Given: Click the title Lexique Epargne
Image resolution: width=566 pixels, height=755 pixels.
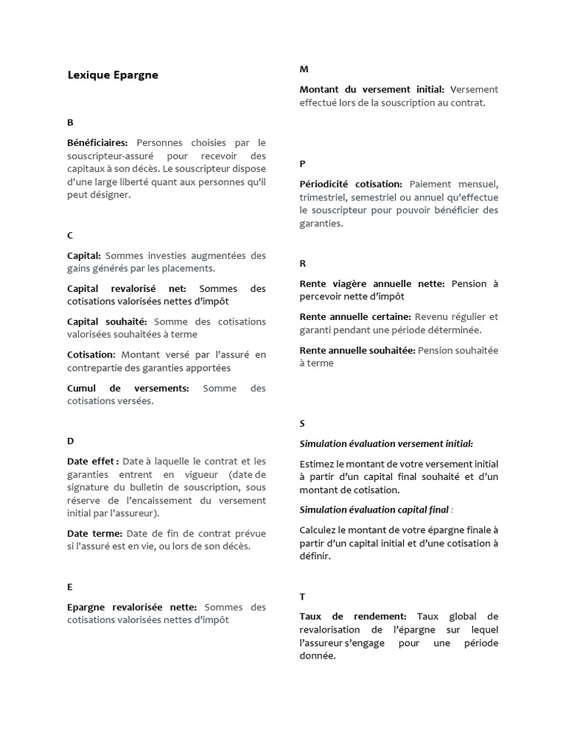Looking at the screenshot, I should point(112,74).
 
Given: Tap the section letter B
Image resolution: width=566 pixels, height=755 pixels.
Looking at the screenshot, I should point(70,122).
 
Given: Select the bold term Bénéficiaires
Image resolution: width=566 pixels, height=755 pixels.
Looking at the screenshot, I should point(97,142).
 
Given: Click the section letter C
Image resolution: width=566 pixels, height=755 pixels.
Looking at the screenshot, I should point(70,235).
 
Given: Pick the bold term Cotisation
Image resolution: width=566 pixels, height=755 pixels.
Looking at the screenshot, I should point(91,355).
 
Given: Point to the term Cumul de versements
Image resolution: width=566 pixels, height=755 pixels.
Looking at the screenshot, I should point(128,388).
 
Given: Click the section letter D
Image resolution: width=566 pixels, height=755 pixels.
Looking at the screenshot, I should point(70,441).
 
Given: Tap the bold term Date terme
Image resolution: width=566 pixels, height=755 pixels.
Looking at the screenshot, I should point(95,533).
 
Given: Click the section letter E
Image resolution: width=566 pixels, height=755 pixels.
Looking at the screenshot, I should point(70,587).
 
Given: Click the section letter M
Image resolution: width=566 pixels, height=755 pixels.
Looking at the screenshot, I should point(304,69).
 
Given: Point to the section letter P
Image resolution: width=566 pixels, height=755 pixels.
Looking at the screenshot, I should point(303,164).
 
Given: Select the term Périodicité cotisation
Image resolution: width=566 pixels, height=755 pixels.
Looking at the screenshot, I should point(351,184).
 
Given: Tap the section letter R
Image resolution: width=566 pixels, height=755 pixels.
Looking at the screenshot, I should point(303,263).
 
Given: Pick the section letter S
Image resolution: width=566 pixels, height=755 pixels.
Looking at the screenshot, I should point(302,423).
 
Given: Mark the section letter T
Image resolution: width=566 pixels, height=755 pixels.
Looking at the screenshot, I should point(302,596).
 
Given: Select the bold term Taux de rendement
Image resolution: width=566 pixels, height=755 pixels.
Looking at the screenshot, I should point(353,616).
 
